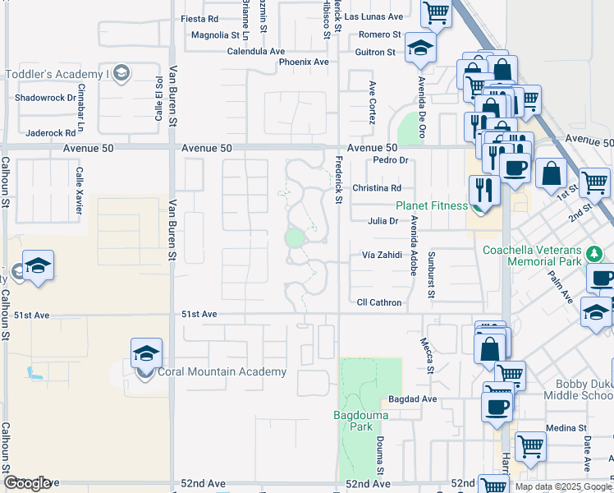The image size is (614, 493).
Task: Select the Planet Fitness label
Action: [432, 205]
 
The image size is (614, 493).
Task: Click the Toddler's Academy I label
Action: [57, 74]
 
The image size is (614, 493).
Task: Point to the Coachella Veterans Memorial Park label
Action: [543, 256]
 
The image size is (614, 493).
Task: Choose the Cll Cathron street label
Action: [379, 302]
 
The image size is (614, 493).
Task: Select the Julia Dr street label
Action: [383, 220]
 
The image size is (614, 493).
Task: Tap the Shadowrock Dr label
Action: [45, 97]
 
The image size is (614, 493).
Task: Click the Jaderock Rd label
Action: [51, 131]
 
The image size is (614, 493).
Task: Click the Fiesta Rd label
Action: [199, 18]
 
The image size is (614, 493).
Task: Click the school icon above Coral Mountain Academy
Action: [146, 354]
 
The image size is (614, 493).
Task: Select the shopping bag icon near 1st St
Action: [551, 173]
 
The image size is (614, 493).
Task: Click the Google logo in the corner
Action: [27, 482]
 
